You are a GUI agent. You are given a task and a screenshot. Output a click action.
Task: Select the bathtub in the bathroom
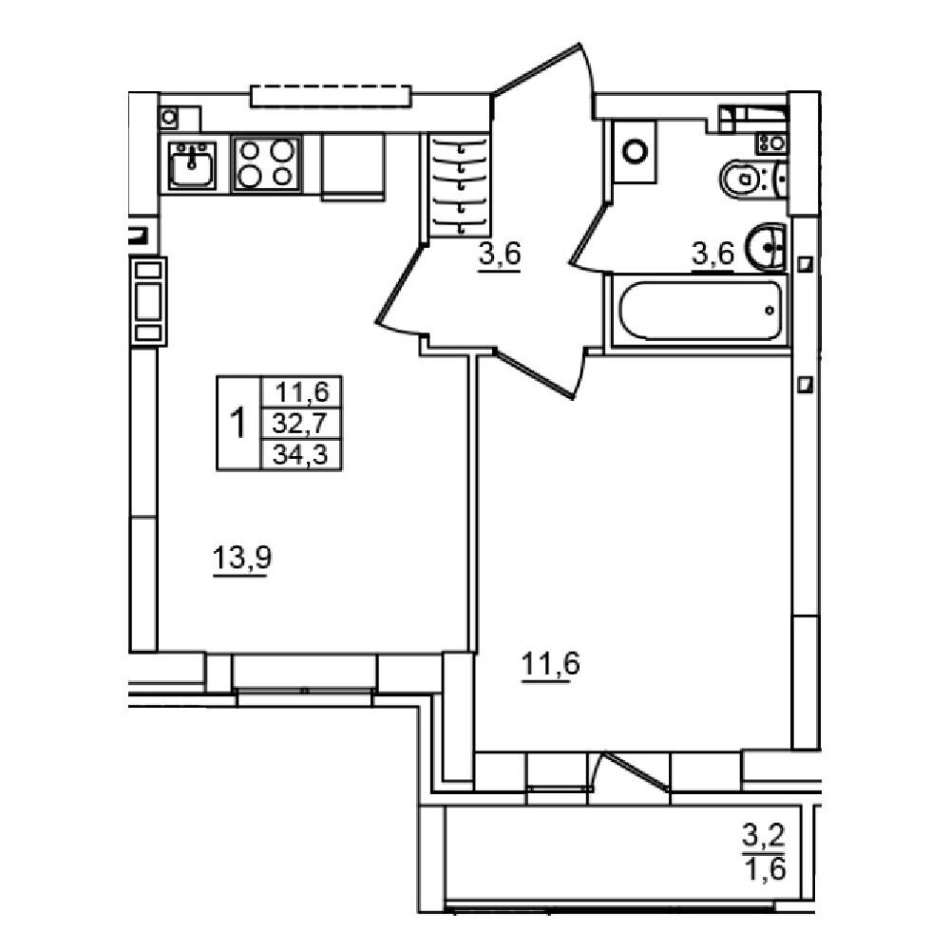tap(699, 310)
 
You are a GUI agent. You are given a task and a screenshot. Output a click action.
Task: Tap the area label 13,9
tap(241, 559)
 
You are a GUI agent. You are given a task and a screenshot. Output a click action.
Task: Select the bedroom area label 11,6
tap(550, 662)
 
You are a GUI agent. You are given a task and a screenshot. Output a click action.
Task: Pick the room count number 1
tap(238, 423)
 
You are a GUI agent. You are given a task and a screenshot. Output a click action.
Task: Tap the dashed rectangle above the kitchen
tap(331, 95)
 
